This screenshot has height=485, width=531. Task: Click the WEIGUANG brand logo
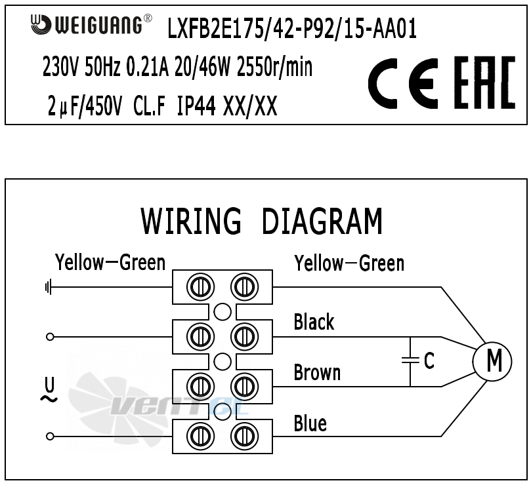click(91, 24)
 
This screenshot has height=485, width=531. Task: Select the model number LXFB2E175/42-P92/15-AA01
click(292, 29)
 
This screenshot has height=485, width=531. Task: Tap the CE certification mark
click(402, 83)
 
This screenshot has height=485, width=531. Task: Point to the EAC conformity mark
click(484, 83)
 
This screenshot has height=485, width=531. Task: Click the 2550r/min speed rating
click(274, 67)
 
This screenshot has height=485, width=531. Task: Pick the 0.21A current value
click(147, 67)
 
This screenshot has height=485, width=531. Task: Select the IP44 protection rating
click(196, 106)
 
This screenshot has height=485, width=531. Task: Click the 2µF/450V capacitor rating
click(84, 106)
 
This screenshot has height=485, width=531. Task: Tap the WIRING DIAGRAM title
click(261, 221)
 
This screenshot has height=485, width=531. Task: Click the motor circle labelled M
click(492, 362)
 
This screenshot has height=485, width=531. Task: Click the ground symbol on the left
click(49, 287)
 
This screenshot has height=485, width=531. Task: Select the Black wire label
click(314, 322)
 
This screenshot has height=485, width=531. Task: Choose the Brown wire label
click(317, 372)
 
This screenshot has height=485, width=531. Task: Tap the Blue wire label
click(310, 423)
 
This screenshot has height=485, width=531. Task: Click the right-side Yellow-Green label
click(349, 263)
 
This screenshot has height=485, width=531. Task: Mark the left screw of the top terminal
click(200, 287)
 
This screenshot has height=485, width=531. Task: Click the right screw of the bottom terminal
click(244, 436)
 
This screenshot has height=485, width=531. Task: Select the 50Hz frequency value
click(102, 67)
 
